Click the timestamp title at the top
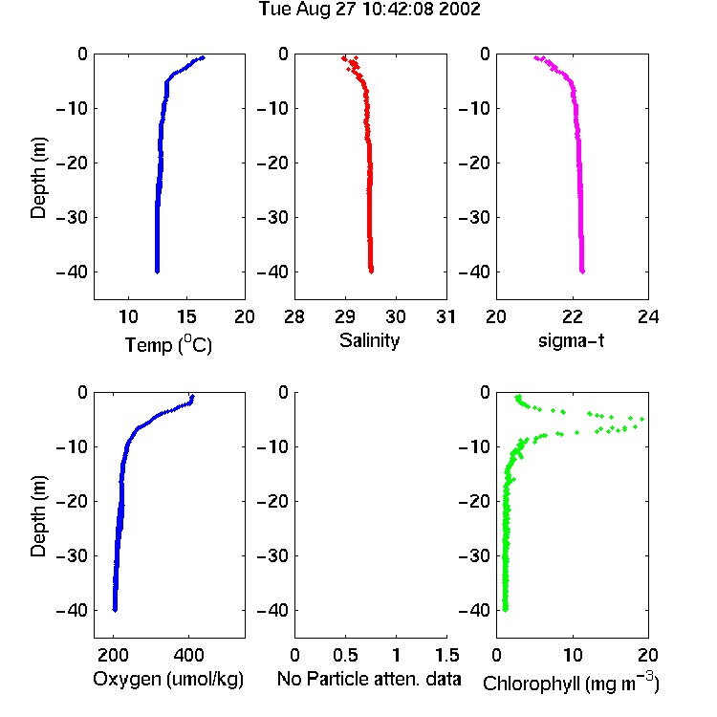[x=369, y=10]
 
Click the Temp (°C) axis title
[x=168, y=345]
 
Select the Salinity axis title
[x=369, y=340]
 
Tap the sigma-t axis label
[x=571, y=340]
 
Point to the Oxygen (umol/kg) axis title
[x=168, y=679]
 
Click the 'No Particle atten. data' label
[x=369, y=679]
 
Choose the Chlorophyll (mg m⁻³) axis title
[x=571, y=683]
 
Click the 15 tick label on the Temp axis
[x=186, y=316]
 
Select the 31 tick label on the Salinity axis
[x=445, y=316]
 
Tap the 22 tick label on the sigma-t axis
[x=573, y=316]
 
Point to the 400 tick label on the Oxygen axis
[x=188, y=655]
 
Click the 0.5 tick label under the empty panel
[x=345, y=655]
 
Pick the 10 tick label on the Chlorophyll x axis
[x=573, y=655]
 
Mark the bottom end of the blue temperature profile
[x=157, y=272]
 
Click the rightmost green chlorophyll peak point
[x=642, y=419]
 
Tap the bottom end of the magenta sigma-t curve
[x=582, y=272]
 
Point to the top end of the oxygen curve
[x=193, y=396]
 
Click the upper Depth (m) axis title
[x=38, y=178]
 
